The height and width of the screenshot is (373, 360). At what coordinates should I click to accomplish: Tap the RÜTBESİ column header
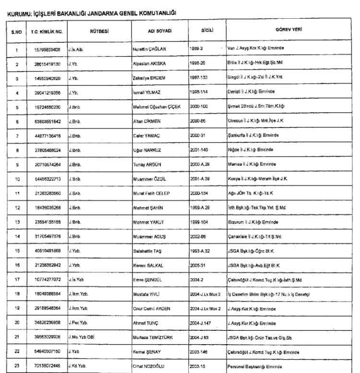[x=98, y=30]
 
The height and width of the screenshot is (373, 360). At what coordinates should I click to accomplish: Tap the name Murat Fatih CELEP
[x=151, y=194]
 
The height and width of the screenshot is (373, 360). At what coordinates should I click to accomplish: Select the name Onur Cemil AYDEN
[x=151, y=308]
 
